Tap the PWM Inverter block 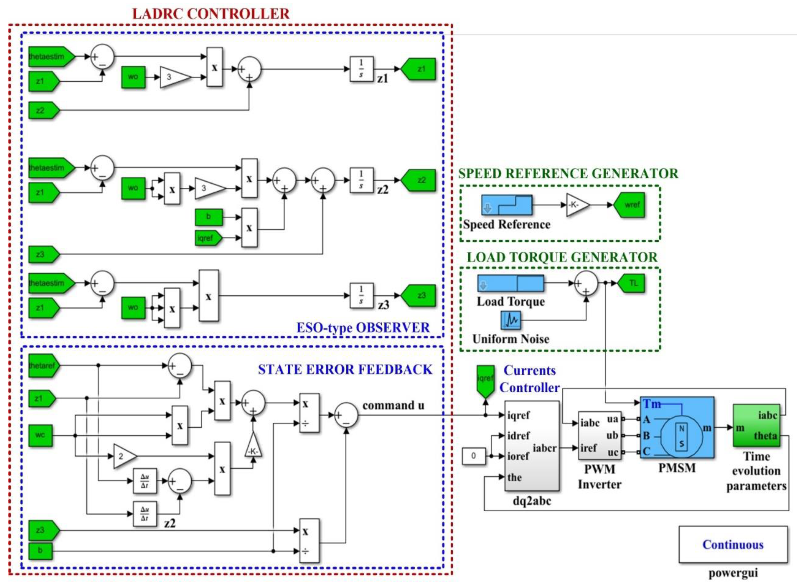tap(599, 436)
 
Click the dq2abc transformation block tap(532, 446)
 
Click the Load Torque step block tap(510, 284)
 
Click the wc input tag tap(40, 435)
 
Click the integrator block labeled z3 tap(362, 295)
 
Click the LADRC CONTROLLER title tap(211, 14)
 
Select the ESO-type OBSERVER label tap(363, 327)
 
